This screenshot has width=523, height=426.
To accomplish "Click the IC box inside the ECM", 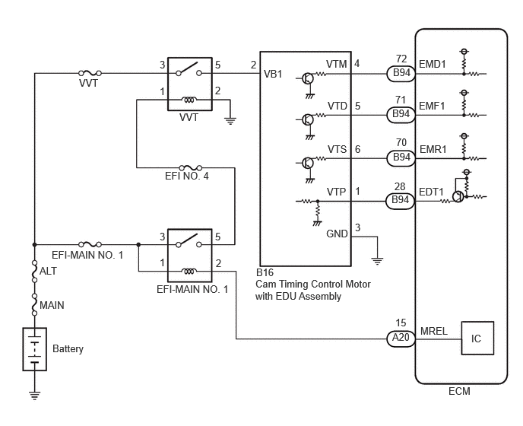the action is coord(477,338).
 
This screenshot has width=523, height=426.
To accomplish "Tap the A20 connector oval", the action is coord(401,339).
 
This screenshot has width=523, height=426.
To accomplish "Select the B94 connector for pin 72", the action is coord(401,74).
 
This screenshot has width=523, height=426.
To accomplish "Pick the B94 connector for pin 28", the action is coord(401,201).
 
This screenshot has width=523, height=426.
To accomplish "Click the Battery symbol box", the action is coord(35,349).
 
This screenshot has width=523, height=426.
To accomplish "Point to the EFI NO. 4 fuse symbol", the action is coord(191,167).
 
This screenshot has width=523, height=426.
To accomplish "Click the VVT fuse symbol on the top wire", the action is coord(90,73).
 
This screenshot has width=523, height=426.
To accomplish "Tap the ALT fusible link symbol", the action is coord(34,271).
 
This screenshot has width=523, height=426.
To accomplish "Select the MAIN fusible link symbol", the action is coord(34,304).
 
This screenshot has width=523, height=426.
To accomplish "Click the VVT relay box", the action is coord(190,84).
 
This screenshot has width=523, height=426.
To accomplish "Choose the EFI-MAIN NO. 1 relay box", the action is coord(190,256).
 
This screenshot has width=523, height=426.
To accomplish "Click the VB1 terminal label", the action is coord(273,74).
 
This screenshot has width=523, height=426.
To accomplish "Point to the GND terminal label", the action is coord(337,234).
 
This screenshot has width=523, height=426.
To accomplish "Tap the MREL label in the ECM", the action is coord(434,331).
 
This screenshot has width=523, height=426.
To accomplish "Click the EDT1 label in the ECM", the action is coord(431,192).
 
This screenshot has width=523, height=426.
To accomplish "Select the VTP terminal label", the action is coord(336,192).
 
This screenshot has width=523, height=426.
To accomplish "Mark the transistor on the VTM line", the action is coord(308,78).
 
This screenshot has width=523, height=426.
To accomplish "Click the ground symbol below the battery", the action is coord(34,395).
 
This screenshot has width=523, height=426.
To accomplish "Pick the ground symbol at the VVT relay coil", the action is coord(230,121).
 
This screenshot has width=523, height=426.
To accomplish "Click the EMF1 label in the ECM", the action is coord(432,106).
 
